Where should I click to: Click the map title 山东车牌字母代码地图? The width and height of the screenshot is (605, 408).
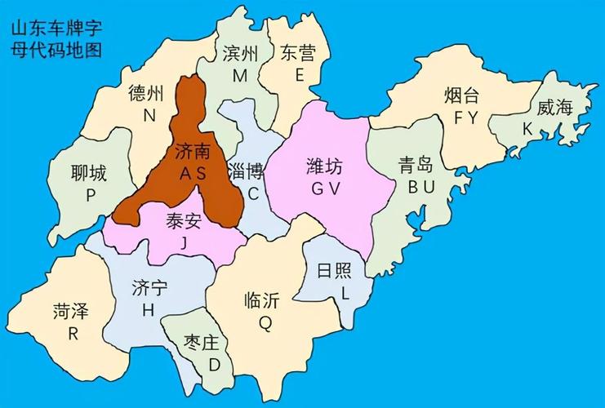click(x=56, y=39)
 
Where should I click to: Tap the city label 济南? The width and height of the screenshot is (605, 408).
click(x=193, y=152)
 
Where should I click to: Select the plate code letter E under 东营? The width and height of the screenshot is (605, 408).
click(x=299, y=75)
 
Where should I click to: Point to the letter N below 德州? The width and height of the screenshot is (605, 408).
click(x=149, y=115)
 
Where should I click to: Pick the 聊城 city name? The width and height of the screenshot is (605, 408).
click(x=89, y=173)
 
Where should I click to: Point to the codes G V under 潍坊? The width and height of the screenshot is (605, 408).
click(x=324, y=188)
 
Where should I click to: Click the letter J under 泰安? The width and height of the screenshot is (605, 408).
click(x=184, y=242)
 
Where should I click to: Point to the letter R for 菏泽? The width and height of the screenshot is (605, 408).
click(x=73, y=333)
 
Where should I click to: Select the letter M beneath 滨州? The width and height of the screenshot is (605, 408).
click(x=239, y=75)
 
